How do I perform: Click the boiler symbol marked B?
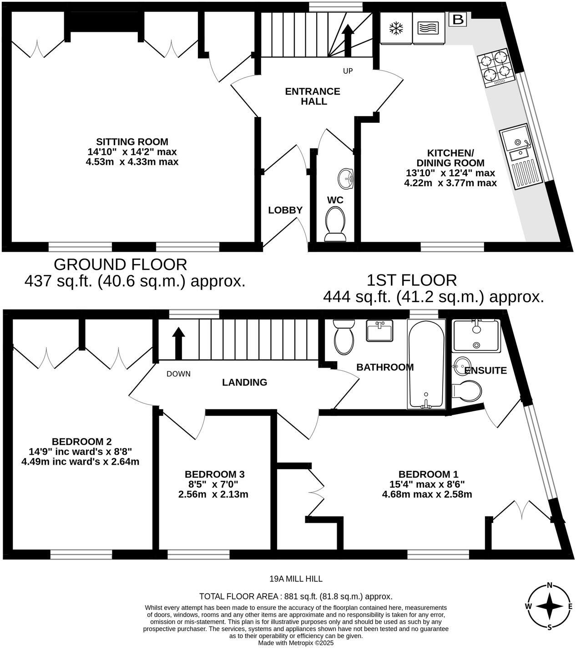tap(458, 20)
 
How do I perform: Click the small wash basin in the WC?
tap(347, 178)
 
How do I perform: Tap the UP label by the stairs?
tap(348, 71)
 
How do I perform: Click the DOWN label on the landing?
tap(178, 374)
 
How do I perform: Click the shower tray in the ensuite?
tap(476, 335)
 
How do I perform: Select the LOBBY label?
tap(285, 210)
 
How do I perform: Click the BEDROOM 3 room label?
tap(214, 474)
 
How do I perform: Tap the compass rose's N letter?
tap(550, 586)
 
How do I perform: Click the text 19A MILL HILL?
tap(296, 579)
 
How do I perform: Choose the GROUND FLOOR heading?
tap(120, 264)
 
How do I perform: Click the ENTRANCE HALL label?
tap(313, 96)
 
